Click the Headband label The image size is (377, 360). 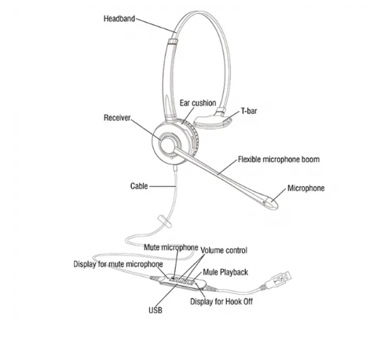click(x=119, y=19)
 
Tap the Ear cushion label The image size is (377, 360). click(x=198, y=103)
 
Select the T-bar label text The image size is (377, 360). click(x=249, y=111)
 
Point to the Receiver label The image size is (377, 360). click(x=117, y=118)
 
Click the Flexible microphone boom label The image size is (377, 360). click(x=279, y=160)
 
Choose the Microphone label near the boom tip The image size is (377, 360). click(x=306, y=188)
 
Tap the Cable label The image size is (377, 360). click(x=139, y=186)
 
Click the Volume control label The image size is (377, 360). click(x=224, y=251)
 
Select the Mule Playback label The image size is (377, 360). click(x=225, y=272)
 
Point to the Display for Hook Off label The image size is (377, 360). click(x=221, y=302)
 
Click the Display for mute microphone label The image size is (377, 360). click(x=118, y=264)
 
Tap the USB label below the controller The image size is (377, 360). click(x=156, y=310)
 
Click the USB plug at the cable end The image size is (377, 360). click(x=279, y=280)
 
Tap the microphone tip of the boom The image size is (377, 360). click(x=270, y=204)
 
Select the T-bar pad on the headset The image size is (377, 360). click(x=213, y=119)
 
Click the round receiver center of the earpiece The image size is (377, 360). click(x=167, y=145)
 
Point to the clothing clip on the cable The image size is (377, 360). click(x=164, y=221)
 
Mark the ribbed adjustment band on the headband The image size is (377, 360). click(x=173, y=42)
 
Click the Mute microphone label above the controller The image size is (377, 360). click(x=171, y=248)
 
